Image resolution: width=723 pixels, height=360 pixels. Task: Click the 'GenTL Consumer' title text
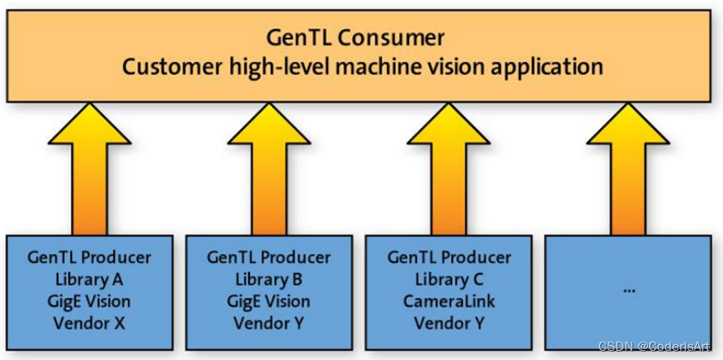pos(355,37)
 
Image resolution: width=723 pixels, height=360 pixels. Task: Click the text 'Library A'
pos(89,279)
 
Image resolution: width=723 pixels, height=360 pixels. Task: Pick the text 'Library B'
pos(268,279)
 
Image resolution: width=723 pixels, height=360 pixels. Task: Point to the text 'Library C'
pos(449,279)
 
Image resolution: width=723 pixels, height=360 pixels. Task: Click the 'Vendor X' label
pos(89,322)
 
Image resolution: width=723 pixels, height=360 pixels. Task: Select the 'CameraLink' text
pos(449,301)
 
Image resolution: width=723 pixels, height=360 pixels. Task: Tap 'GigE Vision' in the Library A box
pos(89,301)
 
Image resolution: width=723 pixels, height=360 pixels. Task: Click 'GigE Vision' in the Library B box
pos(268,301)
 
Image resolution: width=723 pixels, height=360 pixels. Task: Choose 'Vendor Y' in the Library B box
pos(268,322)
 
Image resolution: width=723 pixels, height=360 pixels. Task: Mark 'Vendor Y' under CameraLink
pos(449,322)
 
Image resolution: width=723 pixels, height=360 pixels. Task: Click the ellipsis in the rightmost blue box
pos(629,289)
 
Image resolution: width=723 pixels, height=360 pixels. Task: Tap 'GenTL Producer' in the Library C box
pos(449,257)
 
